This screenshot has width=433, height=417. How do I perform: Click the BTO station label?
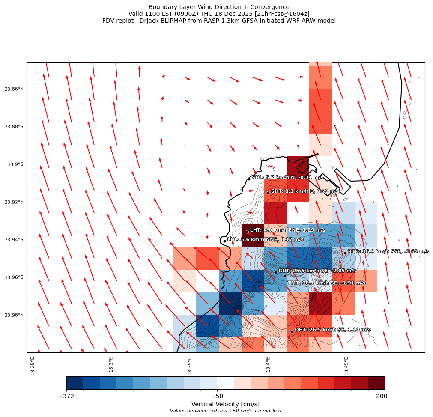pos(388,252)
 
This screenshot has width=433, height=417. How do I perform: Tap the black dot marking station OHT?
pos(292,331)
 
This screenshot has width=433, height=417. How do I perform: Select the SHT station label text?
pos(305,191)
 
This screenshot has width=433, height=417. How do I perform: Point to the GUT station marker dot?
pos(275,272)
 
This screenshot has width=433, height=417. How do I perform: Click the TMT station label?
pos(326,283)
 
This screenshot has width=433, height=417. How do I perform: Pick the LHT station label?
pos(287,230)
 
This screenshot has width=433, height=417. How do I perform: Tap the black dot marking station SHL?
pos(249,179)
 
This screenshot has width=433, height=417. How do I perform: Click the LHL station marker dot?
pos(224,241)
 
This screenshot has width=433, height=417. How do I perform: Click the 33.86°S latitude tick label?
pos(14,89)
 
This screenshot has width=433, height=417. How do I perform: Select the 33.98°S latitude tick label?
pos(14,315)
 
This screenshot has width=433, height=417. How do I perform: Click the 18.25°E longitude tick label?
pos(33,366)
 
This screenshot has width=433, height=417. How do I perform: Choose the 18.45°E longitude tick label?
pos(346,366)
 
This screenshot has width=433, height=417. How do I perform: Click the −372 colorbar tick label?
pos(66,396)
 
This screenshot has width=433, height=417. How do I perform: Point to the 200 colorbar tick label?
pos(381,396)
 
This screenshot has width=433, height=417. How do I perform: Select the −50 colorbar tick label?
pos(217,396)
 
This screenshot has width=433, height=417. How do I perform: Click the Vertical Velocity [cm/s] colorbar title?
pos(225,404)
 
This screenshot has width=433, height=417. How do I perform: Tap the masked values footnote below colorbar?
pos(225,411)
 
